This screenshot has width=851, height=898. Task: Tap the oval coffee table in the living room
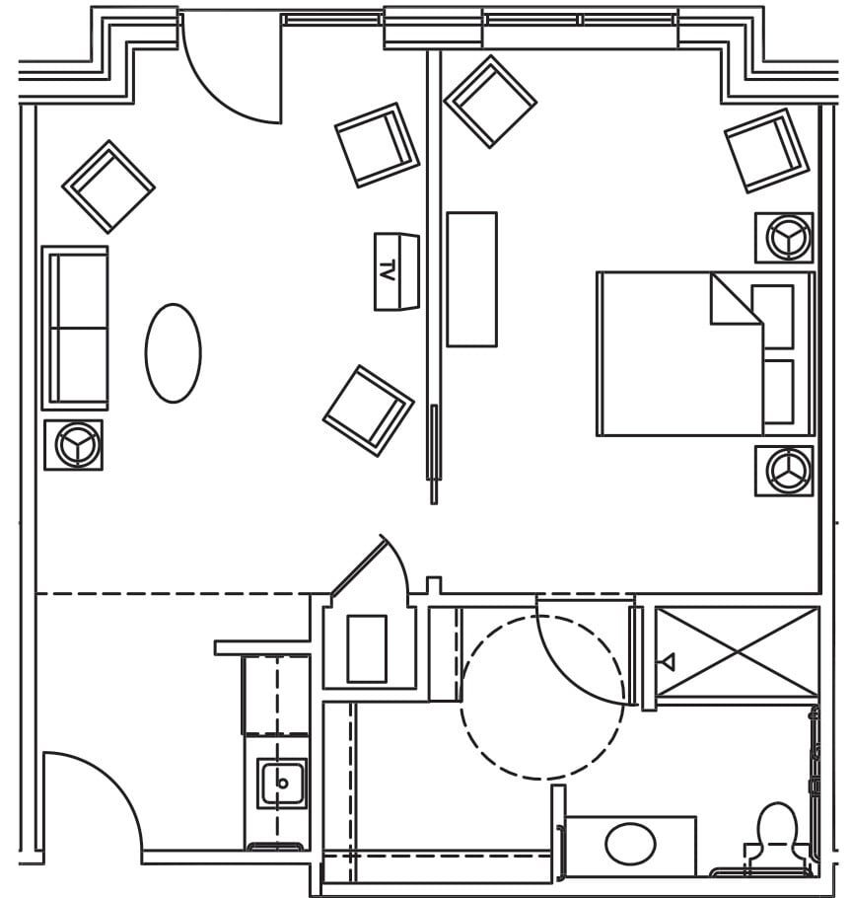(174, 352)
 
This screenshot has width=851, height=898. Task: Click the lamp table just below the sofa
(74, 444)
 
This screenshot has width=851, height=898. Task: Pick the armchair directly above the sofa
(107, 186)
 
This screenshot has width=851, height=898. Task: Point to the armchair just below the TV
(368, 410)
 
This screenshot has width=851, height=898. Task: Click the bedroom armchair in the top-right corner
(766, 150)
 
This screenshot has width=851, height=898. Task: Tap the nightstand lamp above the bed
(784, 237)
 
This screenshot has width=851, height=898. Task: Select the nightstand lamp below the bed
(784, 470)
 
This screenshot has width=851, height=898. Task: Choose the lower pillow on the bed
(778, 392)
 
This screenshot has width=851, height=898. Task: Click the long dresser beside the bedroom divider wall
(471, 278)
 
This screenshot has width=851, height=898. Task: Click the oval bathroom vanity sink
(630, 845)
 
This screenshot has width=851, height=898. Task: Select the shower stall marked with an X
(738, 652)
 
